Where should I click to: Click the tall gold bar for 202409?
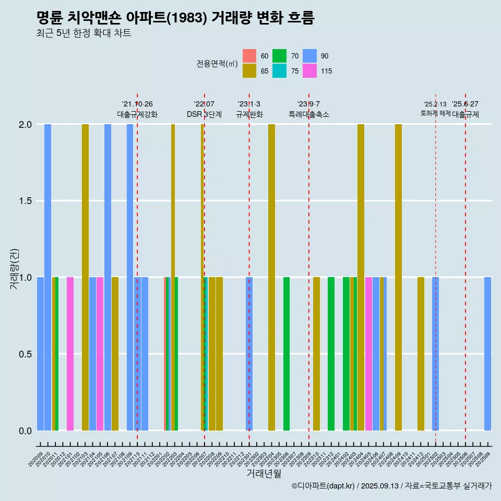click(398, 277)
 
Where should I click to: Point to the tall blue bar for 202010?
click(47, 277)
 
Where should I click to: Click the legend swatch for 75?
click(279, 71)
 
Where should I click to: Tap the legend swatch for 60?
click(249, 56)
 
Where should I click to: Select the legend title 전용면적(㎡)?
click(217, 64)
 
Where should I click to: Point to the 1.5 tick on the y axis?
click(25, 201)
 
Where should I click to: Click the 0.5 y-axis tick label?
click(25, 354)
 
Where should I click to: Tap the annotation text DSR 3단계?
click(205, 114)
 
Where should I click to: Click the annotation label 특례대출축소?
click(309, 114)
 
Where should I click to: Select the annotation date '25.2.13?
click(435, 104)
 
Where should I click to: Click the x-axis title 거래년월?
click(264, 473)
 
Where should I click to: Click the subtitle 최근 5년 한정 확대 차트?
click(83, 33)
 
